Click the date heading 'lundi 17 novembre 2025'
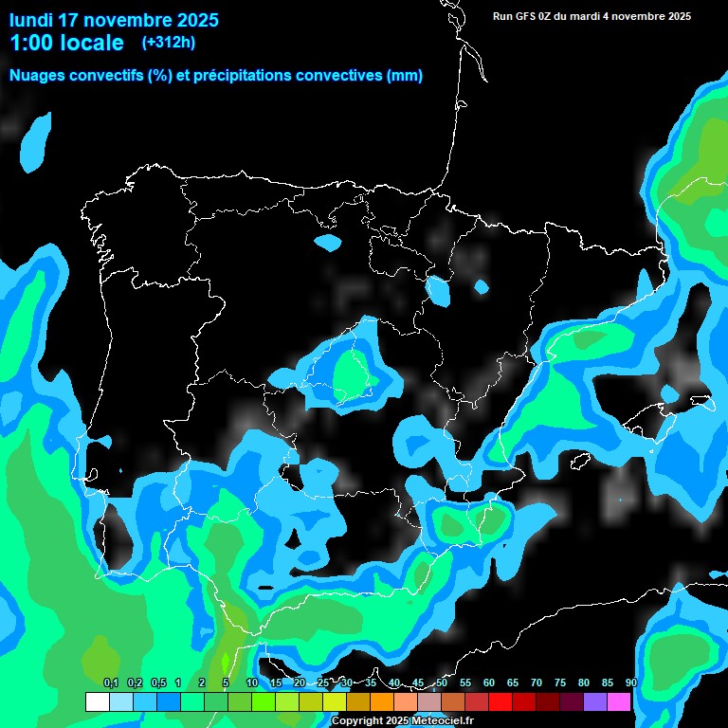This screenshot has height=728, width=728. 114,20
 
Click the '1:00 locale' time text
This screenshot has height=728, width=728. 66,43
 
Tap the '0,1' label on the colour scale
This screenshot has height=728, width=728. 110,682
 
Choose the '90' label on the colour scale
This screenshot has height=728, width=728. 631,682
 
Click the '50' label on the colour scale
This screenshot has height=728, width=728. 442,682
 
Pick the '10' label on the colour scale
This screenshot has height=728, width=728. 252,682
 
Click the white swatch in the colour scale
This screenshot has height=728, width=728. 97,701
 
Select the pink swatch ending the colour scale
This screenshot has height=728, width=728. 619,701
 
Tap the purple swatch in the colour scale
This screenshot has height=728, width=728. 595,701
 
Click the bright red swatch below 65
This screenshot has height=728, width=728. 500,701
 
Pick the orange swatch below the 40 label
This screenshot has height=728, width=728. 382,701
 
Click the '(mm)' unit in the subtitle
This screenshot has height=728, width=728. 405,76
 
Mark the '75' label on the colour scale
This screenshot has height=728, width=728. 560,682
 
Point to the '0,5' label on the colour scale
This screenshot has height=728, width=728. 157,682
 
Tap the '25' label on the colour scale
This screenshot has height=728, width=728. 323,682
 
